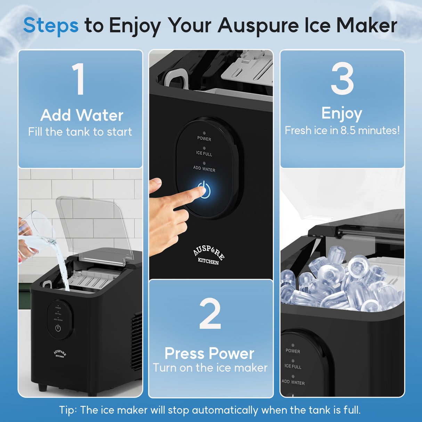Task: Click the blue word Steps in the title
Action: [x=51, y=26]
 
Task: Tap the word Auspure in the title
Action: [x=258, y=26]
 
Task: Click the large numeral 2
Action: [x=210, y=314]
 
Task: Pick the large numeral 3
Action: [x=342, y=79]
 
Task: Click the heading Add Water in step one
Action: [x=82, y=115]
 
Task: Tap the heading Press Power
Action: [x=209, y=354]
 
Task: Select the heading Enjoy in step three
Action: [x=342, y=113]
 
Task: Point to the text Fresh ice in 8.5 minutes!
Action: [x=342, y=130]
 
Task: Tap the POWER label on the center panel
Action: [x=204, y=139]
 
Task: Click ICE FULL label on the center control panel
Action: [x=204, y=153]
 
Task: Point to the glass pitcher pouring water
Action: [x=36, y=231]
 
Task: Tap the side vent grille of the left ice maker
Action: [x=137, y=341]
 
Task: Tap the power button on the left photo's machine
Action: [x=58, y=328]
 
